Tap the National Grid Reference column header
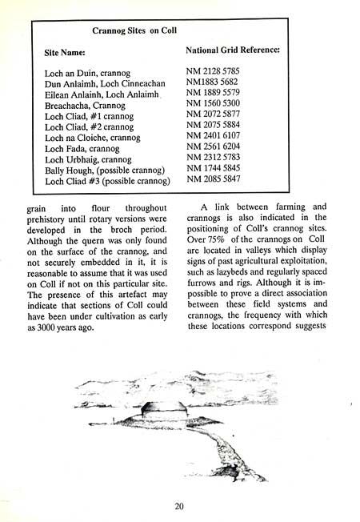[x=232, y=50]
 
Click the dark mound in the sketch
[x=157, y=411]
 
